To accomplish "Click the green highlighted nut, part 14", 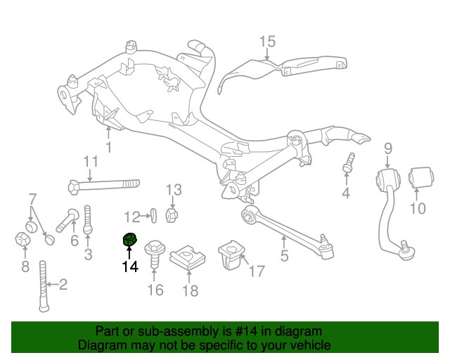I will pos(129,240).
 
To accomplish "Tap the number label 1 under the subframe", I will pos(108,147).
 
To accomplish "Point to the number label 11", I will pos(91,162).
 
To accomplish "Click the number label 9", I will pos(387,148).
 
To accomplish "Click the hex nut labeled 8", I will pos(22,240).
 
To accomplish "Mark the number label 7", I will pos(32,198).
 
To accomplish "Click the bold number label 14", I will pos(129,266).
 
